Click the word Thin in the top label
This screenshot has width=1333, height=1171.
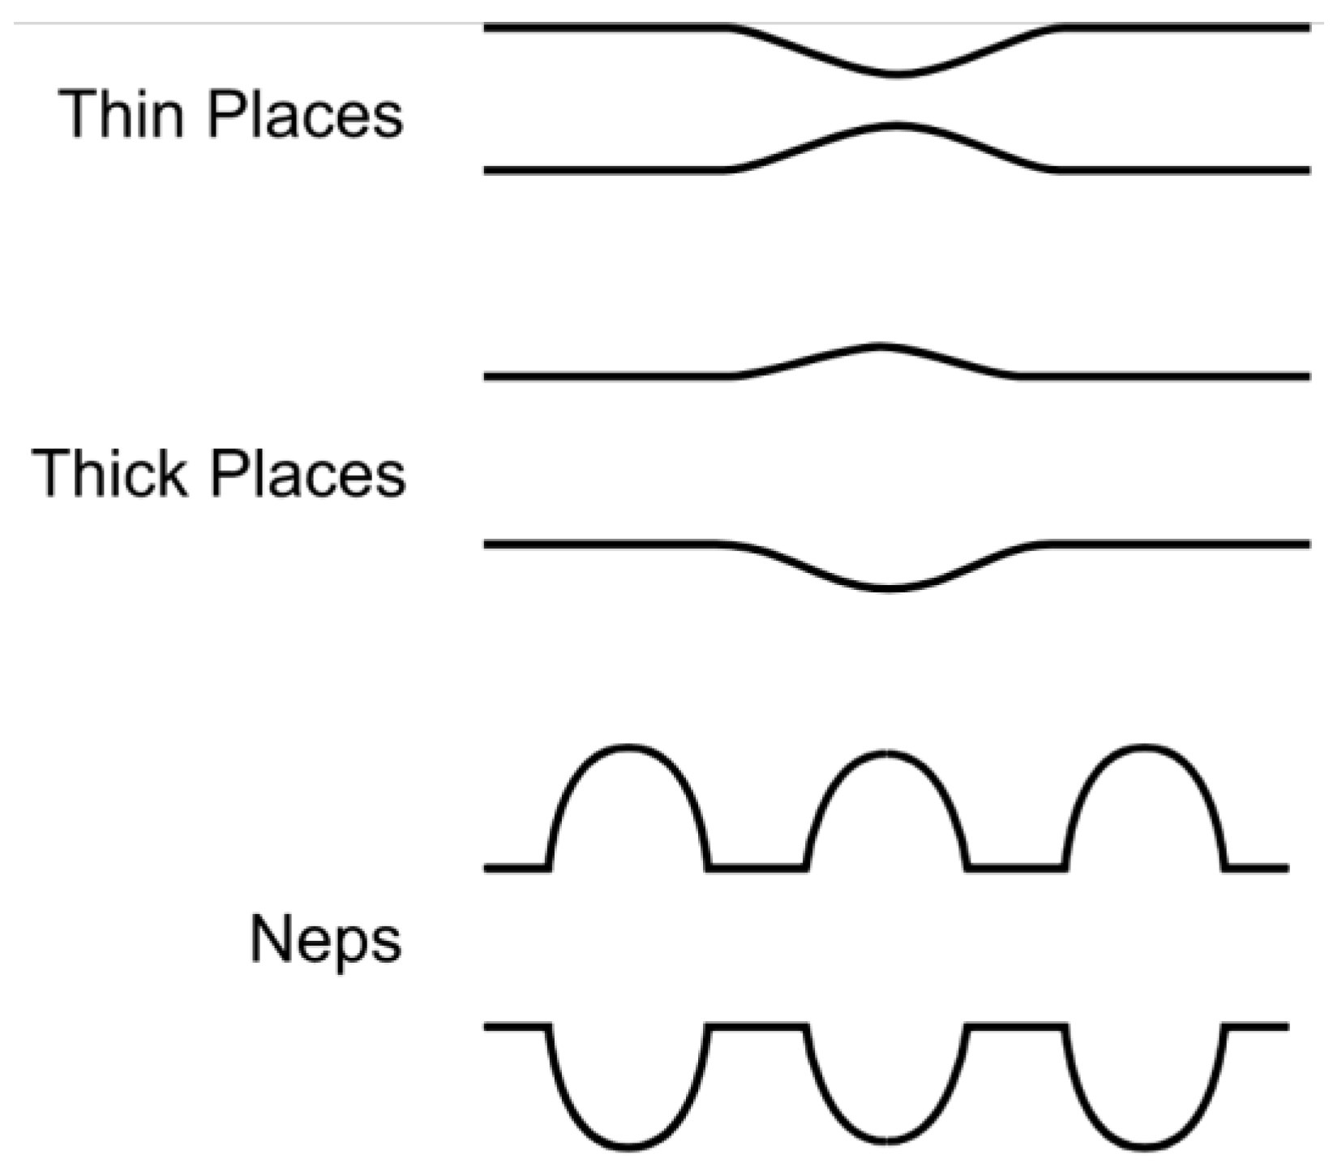coord(122,114)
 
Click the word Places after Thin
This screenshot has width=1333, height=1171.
coord(305,114)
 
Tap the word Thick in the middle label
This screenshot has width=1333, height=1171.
coord(109,473)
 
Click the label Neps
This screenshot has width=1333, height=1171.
coord(325,940)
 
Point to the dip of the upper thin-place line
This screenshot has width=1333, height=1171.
coord(895,75)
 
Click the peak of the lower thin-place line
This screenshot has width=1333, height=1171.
coord(895,126)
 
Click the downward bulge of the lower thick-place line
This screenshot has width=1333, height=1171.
coord(889,588)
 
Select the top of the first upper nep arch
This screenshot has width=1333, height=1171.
coord(629,746)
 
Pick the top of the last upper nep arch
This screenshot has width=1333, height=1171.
coord(1144,746)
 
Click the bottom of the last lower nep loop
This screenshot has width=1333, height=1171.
coord(1144,1147)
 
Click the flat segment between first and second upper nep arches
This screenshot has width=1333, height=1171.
coord(757,868)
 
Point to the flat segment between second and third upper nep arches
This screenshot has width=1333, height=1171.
coord(1015,868)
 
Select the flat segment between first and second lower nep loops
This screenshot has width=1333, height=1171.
coord(757,1027)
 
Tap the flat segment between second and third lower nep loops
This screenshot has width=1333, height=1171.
coord(1015,1027)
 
